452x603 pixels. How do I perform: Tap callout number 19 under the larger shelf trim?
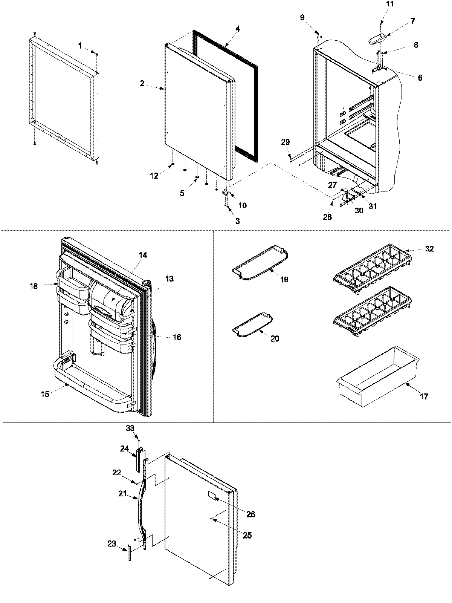[284, 280]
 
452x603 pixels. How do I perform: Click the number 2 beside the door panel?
[142, 83]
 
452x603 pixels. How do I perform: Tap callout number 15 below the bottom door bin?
[45, 395]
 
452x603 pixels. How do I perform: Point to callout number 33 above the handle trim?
[130, 429]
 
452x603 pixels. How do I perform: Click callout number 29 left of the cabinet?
[286, 142]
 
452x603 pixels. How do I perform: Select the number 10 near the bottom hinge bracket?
[242, 205]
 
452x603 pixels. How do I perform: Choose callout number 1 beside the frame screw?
[79, 46]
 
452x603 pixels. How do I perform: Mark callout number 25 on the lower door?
[247, 535]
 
